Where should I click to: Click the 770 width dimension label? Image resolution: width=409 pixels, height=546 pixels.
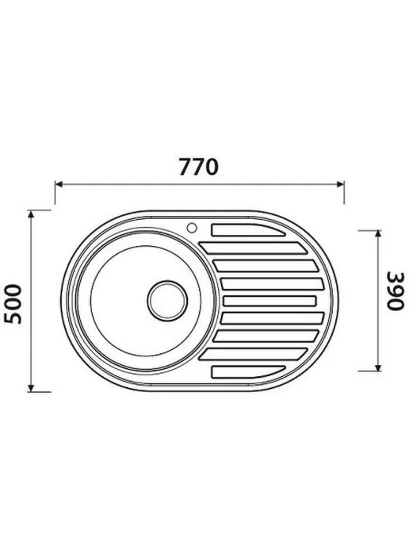click(198, 167)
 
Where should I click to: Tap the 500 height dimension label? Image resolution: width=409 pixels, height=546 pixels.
click(13, 304)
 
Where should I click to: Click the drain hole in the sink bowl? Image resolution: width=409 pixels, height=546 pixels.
click(167, 300)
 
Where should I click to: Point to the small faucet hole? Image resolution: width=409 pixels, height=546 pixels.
click(192, 228)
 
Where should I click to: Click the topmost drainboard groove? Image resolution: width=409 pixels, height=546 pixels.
click(248, 230)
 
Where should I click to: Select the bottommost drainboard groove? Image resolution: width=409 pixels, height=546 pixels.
click(248, 371)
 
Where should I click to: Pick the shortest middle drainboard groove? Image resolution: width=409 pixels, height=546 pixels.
click(269, 301)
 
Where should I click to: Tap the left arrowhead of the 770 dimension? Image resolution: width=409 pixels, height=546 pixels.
click(59, 185)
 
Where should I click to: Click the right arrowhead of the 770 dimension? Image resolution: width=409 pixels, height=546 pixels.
click(340, 185)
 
